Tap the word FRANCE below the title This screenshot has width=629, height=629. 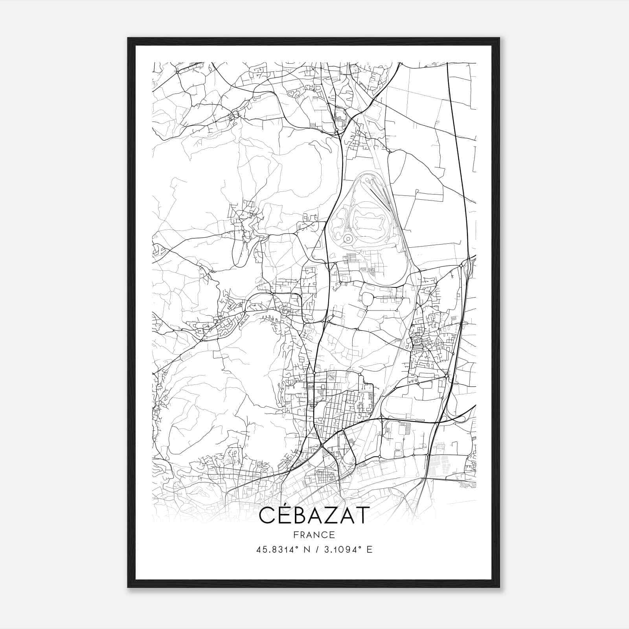(x=314, y=535)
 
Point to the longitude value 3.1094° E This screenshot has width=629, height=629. (x=346, y=550)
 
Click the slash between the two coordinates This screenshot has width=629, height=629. (x=314, y=550)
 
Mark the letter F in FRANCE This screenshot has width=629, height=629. (x=295, y=535)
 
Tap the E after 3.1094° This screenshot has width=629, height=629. (x=369, y=550)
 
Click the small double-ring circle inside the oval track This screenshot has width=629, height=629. (x=347, y=239)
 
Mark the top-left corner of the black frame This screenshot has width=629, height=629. (x=128, y=38)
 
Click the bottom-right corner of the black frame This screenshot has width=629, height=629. (x=499, y=587)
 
